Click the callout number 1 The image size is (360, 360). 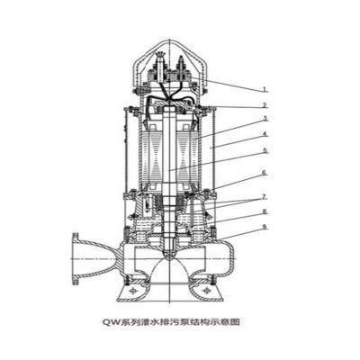click(x=265, y=89)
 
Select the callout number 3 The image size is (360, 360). click(x=265, y=118)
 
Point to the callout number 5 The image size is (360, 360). click(x=265, y=150)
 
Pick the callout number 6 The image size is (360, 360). click(x=265, y=172)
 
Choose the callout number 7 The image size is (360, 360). click(x=265, y=194)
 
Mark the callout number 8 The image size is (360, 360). click(x=265, y=213)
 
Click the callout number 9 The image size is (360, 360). click(x=265, y=227)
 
